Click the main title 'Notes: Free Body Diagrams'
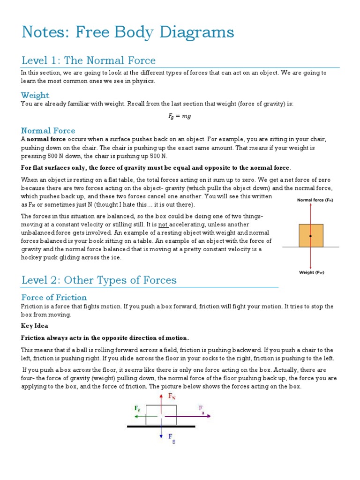click(127, 32)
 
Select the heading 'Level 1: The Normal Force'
click(89, 60)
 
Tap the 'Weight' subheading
click(35, 95)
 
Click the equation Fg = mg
click(180, 116)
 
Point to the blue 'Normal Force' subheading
click(48, 130)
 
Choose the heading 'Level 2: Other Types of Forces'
click(99, 280)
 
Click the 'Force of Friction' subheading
click(54, 297)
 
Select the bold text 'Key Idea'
click(34, 325)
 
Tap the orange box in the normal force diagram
click(316, 235)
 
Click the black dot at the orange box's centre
click(311, 235)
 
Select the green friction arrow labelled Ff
click(139, 416)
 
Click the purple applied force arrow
click(187, 416)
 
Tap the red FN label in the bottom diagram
click(172, 396)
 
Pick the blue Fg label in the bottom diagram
click(172, 437)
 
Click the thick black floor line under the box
click(161, 427)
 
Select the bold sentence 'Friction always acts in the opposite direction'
click(105, 337)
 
